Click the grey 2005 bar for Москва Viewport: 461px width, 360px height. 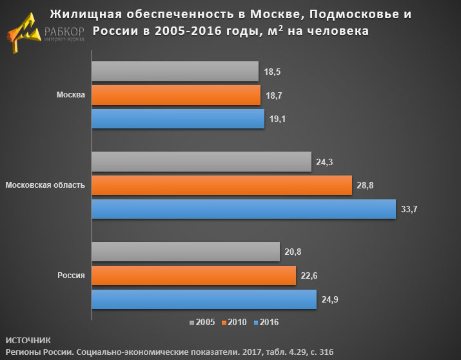point(175,71)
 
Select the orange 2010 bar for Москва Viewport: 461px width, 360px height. point(175,95)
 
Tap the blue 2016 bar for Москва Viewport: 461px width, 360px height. point(178,119)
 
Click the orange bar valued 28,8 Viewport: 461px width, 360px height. point(221,185)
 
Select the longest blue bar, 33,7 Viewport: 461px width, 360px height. point(243,209)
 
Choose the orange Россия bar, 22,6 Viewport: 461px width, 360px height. point(193,276)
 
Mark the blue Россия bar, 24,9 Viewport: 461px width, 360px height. point(204,299)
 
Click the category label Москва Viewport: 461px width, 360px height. point(71,95)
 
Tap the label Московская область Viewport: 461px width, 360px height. point(45,186)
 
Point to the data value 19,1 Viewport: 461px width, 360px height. point(278,119)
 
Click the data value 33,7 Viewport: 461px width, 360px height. point(409,210)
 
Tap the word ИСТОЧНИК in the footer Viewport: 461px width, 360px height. point(26,339)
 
